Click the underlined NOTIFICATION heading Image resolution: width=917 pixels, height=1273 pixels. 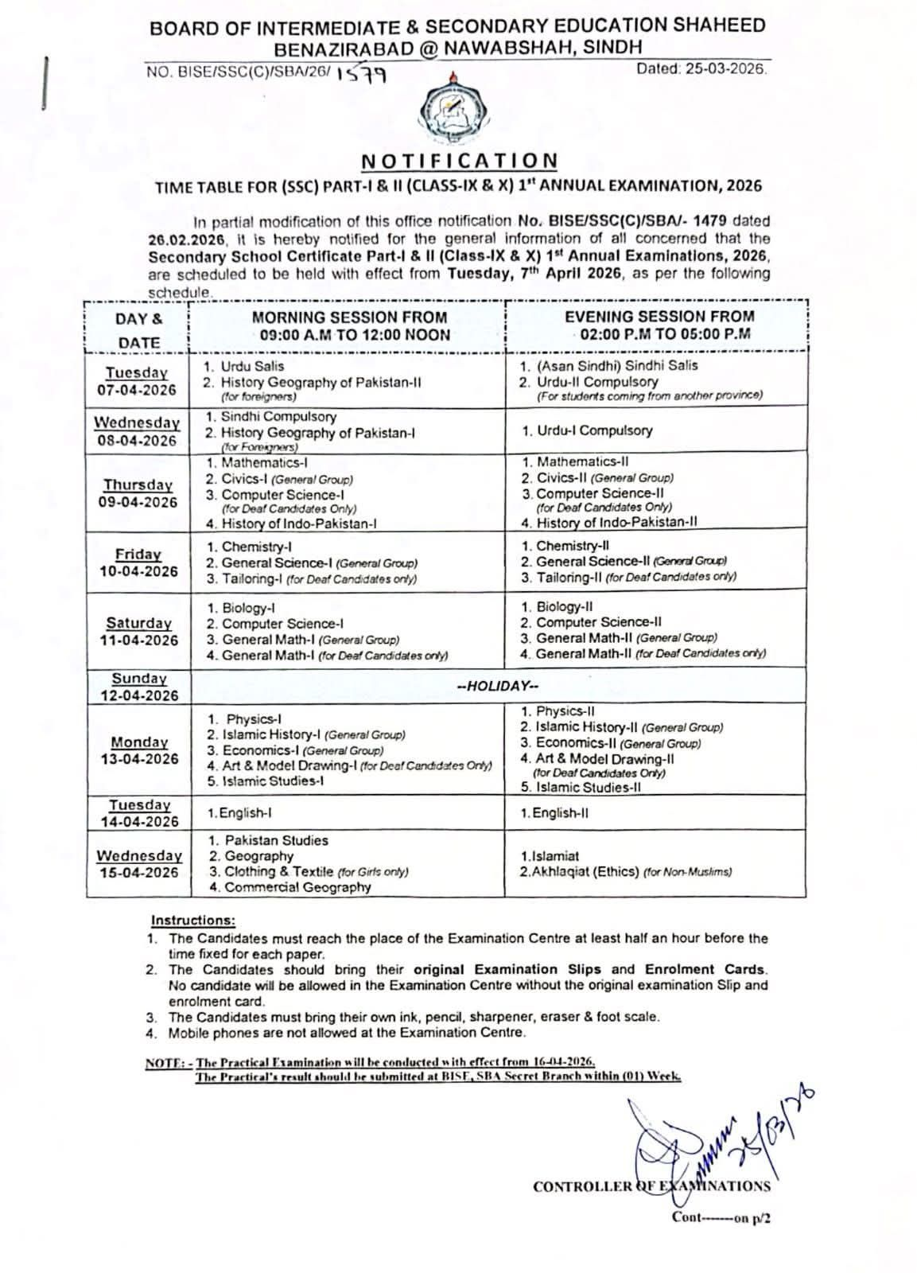459,162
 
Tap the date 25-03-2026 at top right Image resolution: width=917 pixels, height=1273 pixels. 702,69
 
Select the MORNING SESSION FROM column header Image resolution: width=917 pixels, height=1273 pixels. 349,325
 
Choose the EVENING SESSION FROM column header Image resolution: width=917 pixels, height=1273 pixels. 659,325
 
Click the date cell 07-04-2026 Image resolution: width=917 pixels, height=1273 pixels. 138,391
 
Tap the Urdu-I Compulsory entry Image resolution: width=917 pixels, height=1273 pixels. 588,430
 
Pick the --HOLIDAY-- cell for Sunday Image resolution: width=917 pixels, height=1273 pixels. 498,686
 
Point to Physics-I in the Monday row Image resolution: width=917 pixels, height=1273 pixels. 250,719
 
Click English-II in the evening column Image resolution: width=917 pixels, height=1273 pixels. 555,813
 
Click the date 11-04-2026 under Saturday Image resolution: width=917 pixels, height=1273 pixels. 139,640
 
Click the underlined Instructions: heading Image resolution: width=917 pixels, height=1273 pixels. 193,921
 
